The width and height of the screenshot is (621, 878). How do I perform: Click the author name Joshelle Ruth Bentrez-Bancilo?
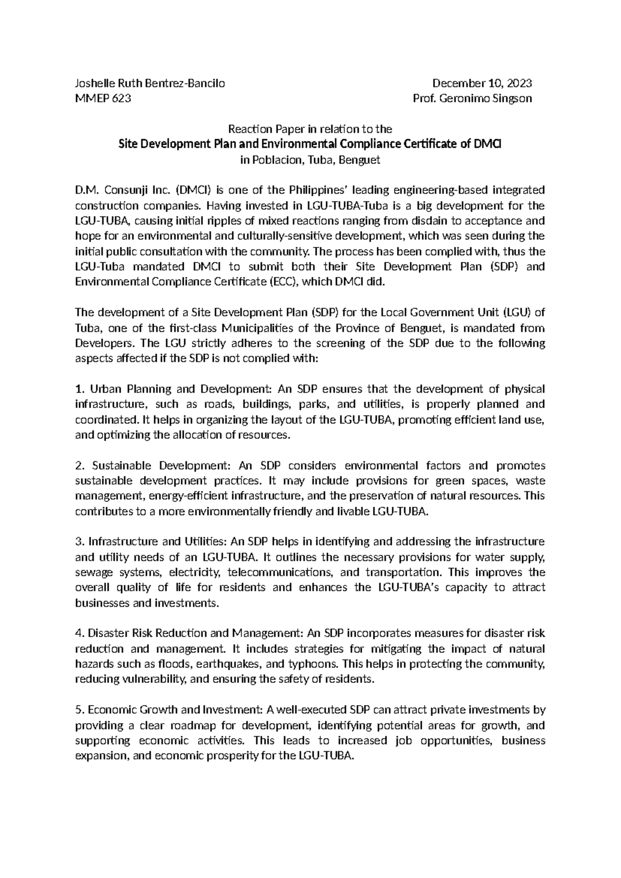point(150,83)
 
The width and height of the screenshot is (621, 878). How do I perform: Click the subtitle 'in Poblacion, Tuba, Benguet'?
point(310,160)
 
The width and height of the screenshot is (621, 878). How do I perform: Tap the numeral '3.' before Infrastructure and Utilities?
point(80,542)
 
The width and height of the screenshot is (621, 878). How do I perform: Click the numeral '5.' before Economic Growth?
point(80,710)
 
